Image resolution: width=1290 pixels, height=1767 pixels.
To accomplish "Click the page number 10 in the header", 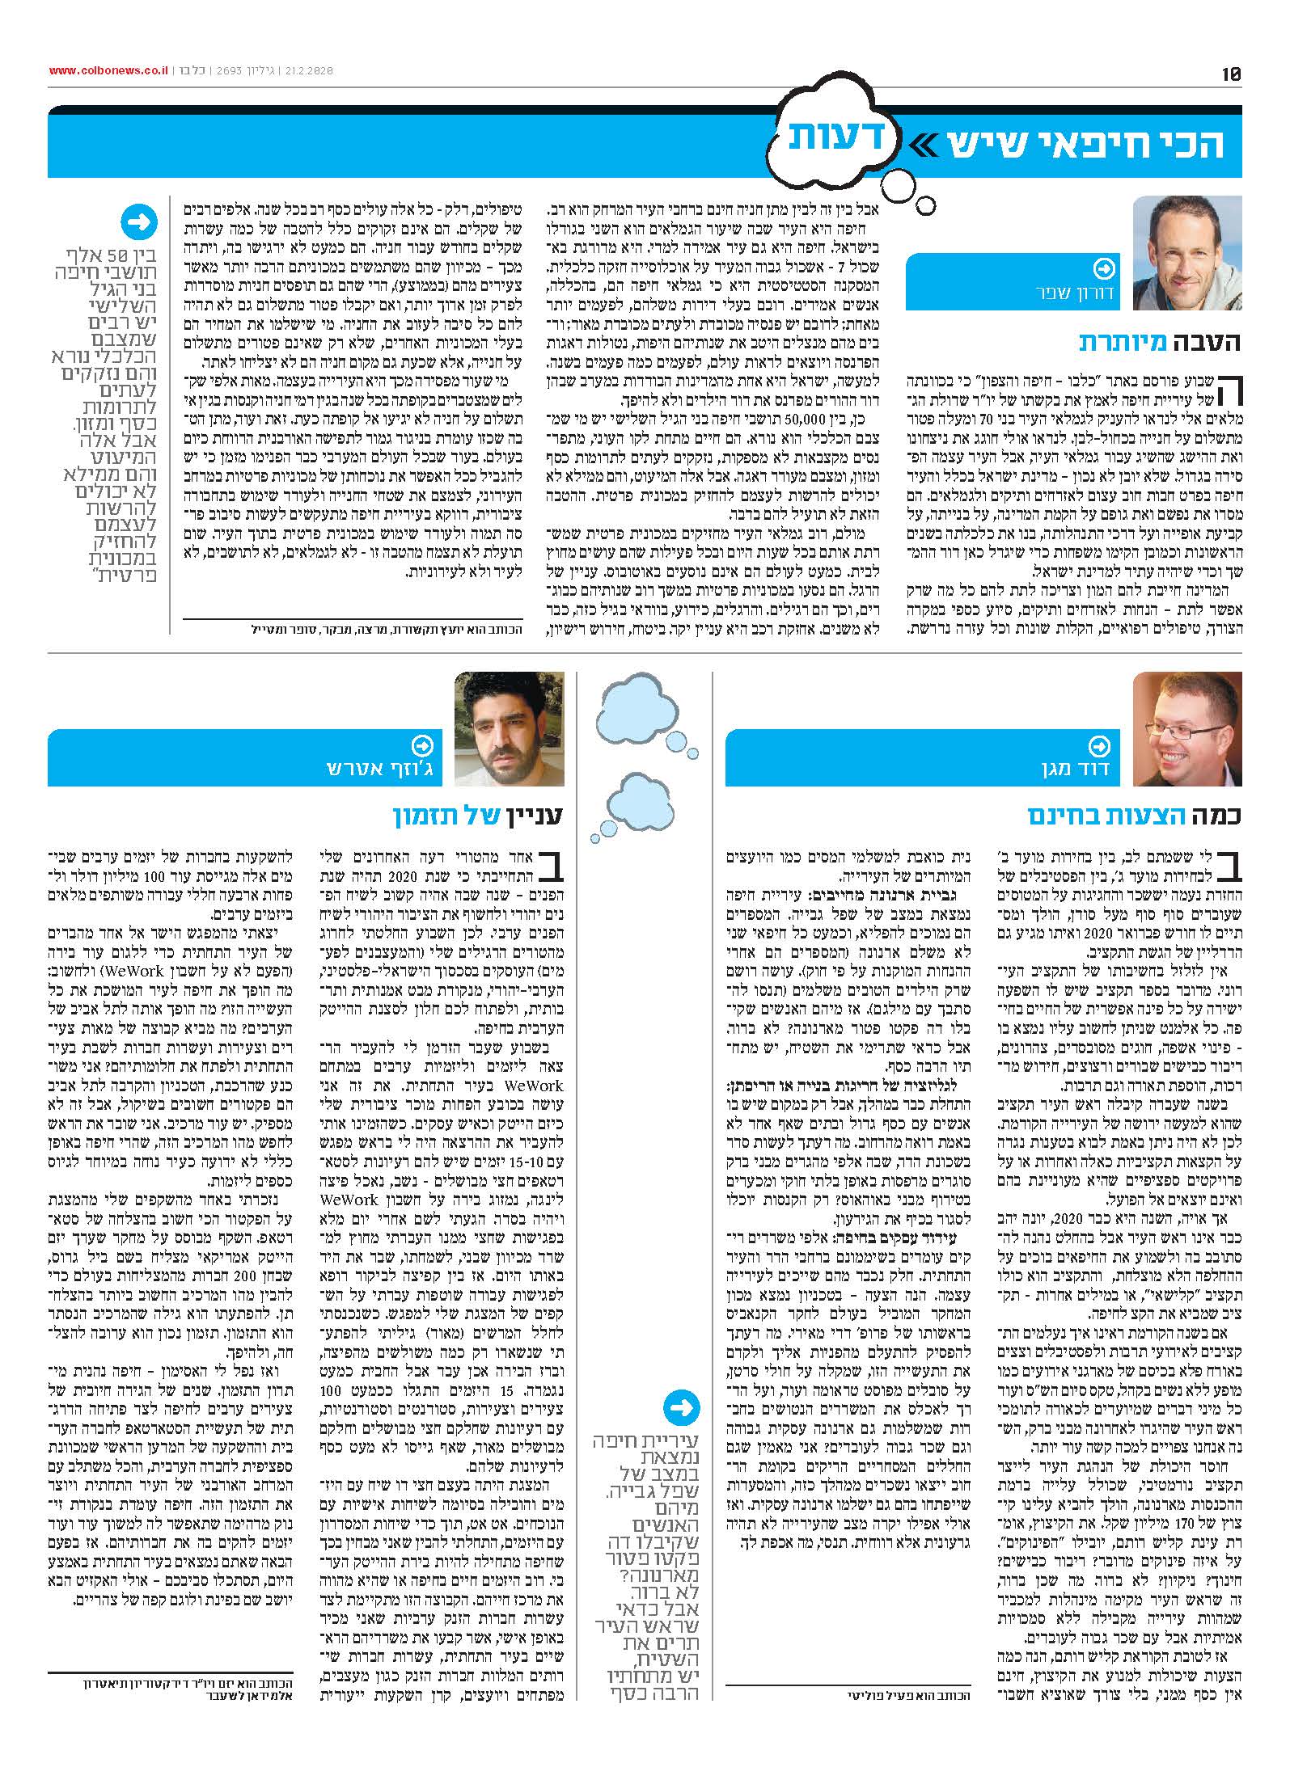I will [x=1232, y=74].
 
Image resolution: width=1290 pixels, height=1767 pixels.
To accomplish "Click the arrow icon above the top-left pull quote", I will [x=138, y=222].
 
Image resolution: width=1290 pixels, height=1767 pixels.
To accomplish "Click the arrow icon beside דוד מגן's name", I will [x=1099, y=745].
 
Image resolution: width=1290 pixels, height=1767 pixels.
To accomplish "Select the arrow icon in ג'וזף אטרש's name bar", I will [x=421, y=745].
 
